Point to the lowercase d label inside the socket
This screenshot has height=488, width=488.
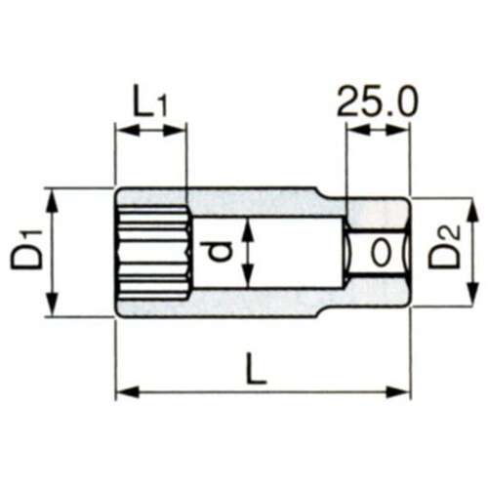223,253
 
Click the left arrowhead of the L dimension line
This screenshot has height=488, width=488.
122,392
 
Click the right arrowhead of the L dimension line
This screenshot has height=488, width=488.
404,392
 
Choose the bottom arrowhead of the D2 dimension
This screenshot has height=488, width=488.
469,300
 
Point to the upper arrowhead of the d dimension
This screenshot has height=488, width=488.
250,224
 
